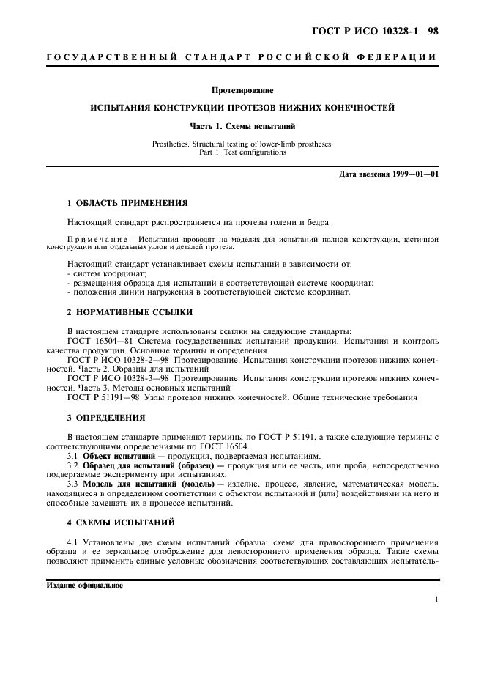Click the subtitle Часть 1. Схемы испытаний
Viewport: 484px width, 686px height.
click(x=242, y=126)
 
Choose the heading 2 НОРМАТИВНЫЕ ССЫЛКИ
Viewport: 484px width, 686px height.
click(x=120, y=311)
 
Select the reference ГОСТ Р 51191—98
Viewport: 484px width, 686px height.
click(x=100, y=397)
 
